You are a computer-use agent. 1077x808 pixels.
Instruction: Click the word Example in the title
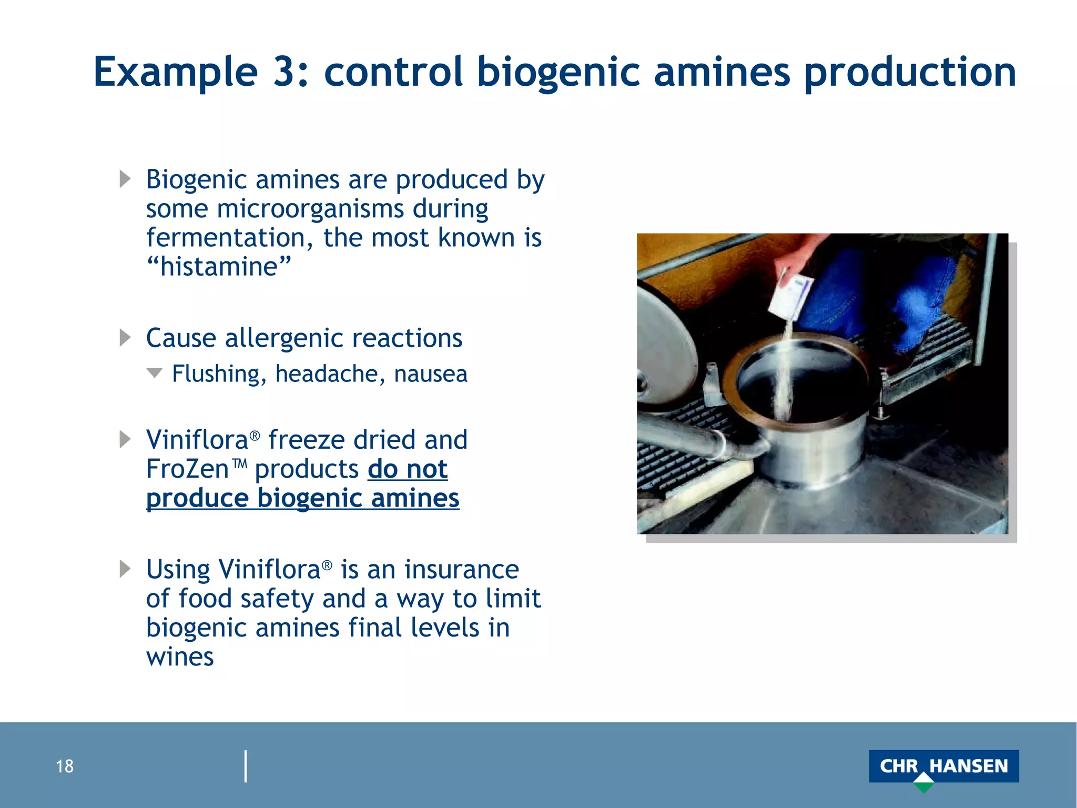point(175,73)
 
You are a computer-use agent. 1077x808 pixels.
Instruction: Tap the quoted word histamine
point(218,266)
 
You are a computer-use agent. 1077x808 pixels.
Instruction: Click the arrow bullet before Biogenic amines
point(125,179)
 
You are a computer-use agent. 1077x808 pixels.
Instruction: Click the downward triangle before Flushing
point(154,373)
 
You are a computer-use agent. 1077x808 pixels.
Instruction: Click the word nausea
point(430,374)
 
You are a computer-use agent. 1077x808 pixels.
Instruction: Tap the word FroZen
point(187,469)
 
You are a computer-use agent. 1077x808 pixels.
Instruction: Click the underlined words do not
point(408,469)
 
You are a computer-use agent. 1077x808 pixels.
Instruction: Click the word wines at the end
point(180,657)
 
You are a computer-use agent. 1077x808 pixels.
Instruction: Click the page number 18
point(65,766)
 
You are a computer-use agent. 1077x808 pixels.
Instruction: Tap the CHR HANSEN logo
point(943,765)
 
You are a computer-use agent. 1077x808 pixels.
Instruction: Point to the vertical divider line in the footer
point(246,766)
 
